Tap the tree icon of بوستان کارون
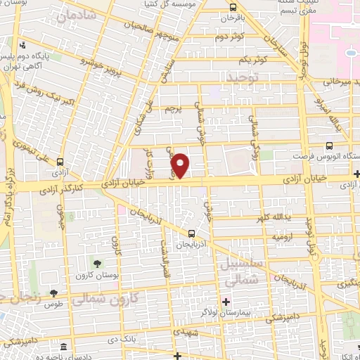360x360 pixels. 96,264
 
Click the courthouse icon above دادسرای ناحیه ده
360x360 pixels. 63,347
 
